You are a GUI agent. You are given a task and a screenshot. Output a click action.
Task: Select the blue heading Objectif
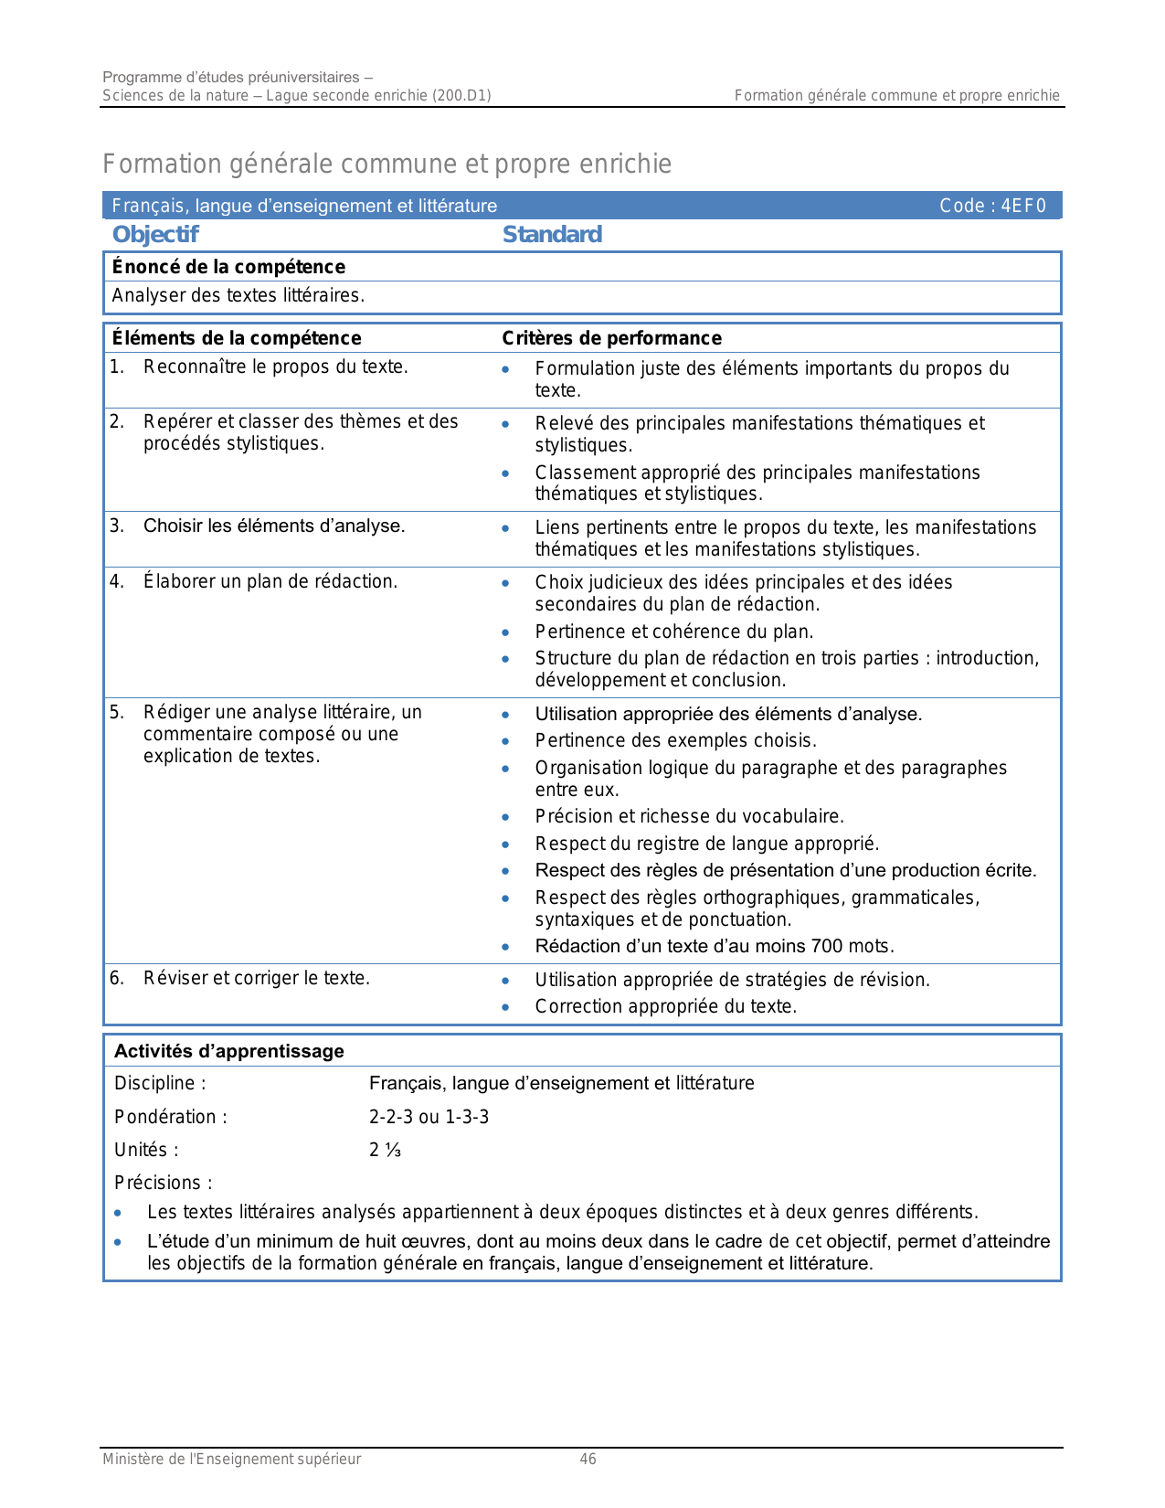click(155, 235)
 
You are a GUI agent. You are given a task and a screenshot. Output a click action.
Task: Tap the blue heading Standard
click(552, 235)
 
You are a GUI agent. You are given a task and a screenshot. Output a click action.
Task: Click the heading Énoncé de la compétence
click(228, 267)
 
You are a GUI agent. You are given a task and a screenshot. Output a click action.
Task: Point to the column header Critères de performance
click(611, 338)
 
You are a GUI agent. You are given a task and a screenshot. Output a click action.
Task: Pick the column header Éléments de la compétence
click(237, 338)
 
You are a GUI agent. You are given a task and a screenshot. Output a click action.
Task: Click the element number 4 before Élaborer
click(116, 581)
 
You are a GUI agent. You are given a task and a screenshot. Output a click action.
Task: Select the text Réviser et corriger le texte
click(257, 978)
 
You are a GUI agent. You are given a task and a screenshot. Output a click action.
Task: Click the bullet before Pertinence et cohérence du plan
click(506, 632)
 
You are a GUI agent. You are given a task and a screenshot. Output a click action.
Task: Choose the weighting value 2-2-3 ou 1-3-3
click(429, 1117)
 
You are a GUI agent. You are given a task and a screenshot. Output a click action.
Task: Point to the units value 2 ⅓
click(385, 1150)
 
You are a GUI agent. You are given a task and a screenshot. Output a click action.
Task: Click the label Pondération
click(170, 1117)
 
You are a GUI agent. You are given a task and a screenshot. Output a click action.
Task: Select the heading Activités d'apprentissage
click(229, 1051)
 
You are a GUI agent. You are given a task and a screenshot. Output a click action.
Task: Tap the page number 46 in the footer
click(588, 1460)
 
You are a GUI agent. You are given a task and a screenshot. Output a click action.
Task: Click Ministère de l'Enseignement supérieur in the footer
click(231, 1460)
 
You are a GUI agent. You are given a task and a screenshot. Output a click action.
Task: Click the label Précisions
click(163, 1183)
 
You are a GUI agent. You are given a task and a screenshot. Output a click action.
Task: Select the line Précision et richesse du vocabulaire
click(689, 816)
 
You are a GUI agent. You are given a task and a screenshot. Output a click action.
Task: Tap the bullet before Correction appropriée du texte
click(506, 1007)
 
